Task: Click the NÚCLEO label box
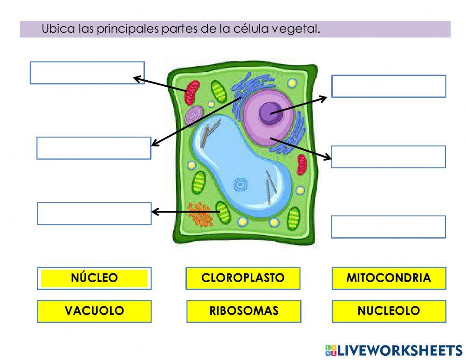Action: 94,278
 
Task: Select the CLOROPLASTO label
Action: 243,278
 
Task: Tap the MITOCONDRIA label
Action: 389,278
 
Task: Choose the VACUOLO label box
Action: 94,311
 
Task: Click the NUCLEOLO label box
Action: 389,311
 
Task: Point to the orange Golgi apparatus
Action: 199,213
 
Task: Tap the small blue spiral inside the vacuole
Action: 240,185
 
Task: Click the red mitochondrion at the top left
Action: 192,92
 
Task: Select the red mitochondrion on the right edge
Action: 302,165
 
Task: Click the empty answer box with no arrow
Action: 388,227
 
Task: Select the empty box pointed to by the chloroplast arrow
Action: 94,214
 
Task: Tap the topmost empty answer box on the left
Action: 87,73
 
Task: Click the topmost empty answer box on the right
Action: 388,86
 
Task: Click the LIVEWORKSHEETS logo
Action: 393,350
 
